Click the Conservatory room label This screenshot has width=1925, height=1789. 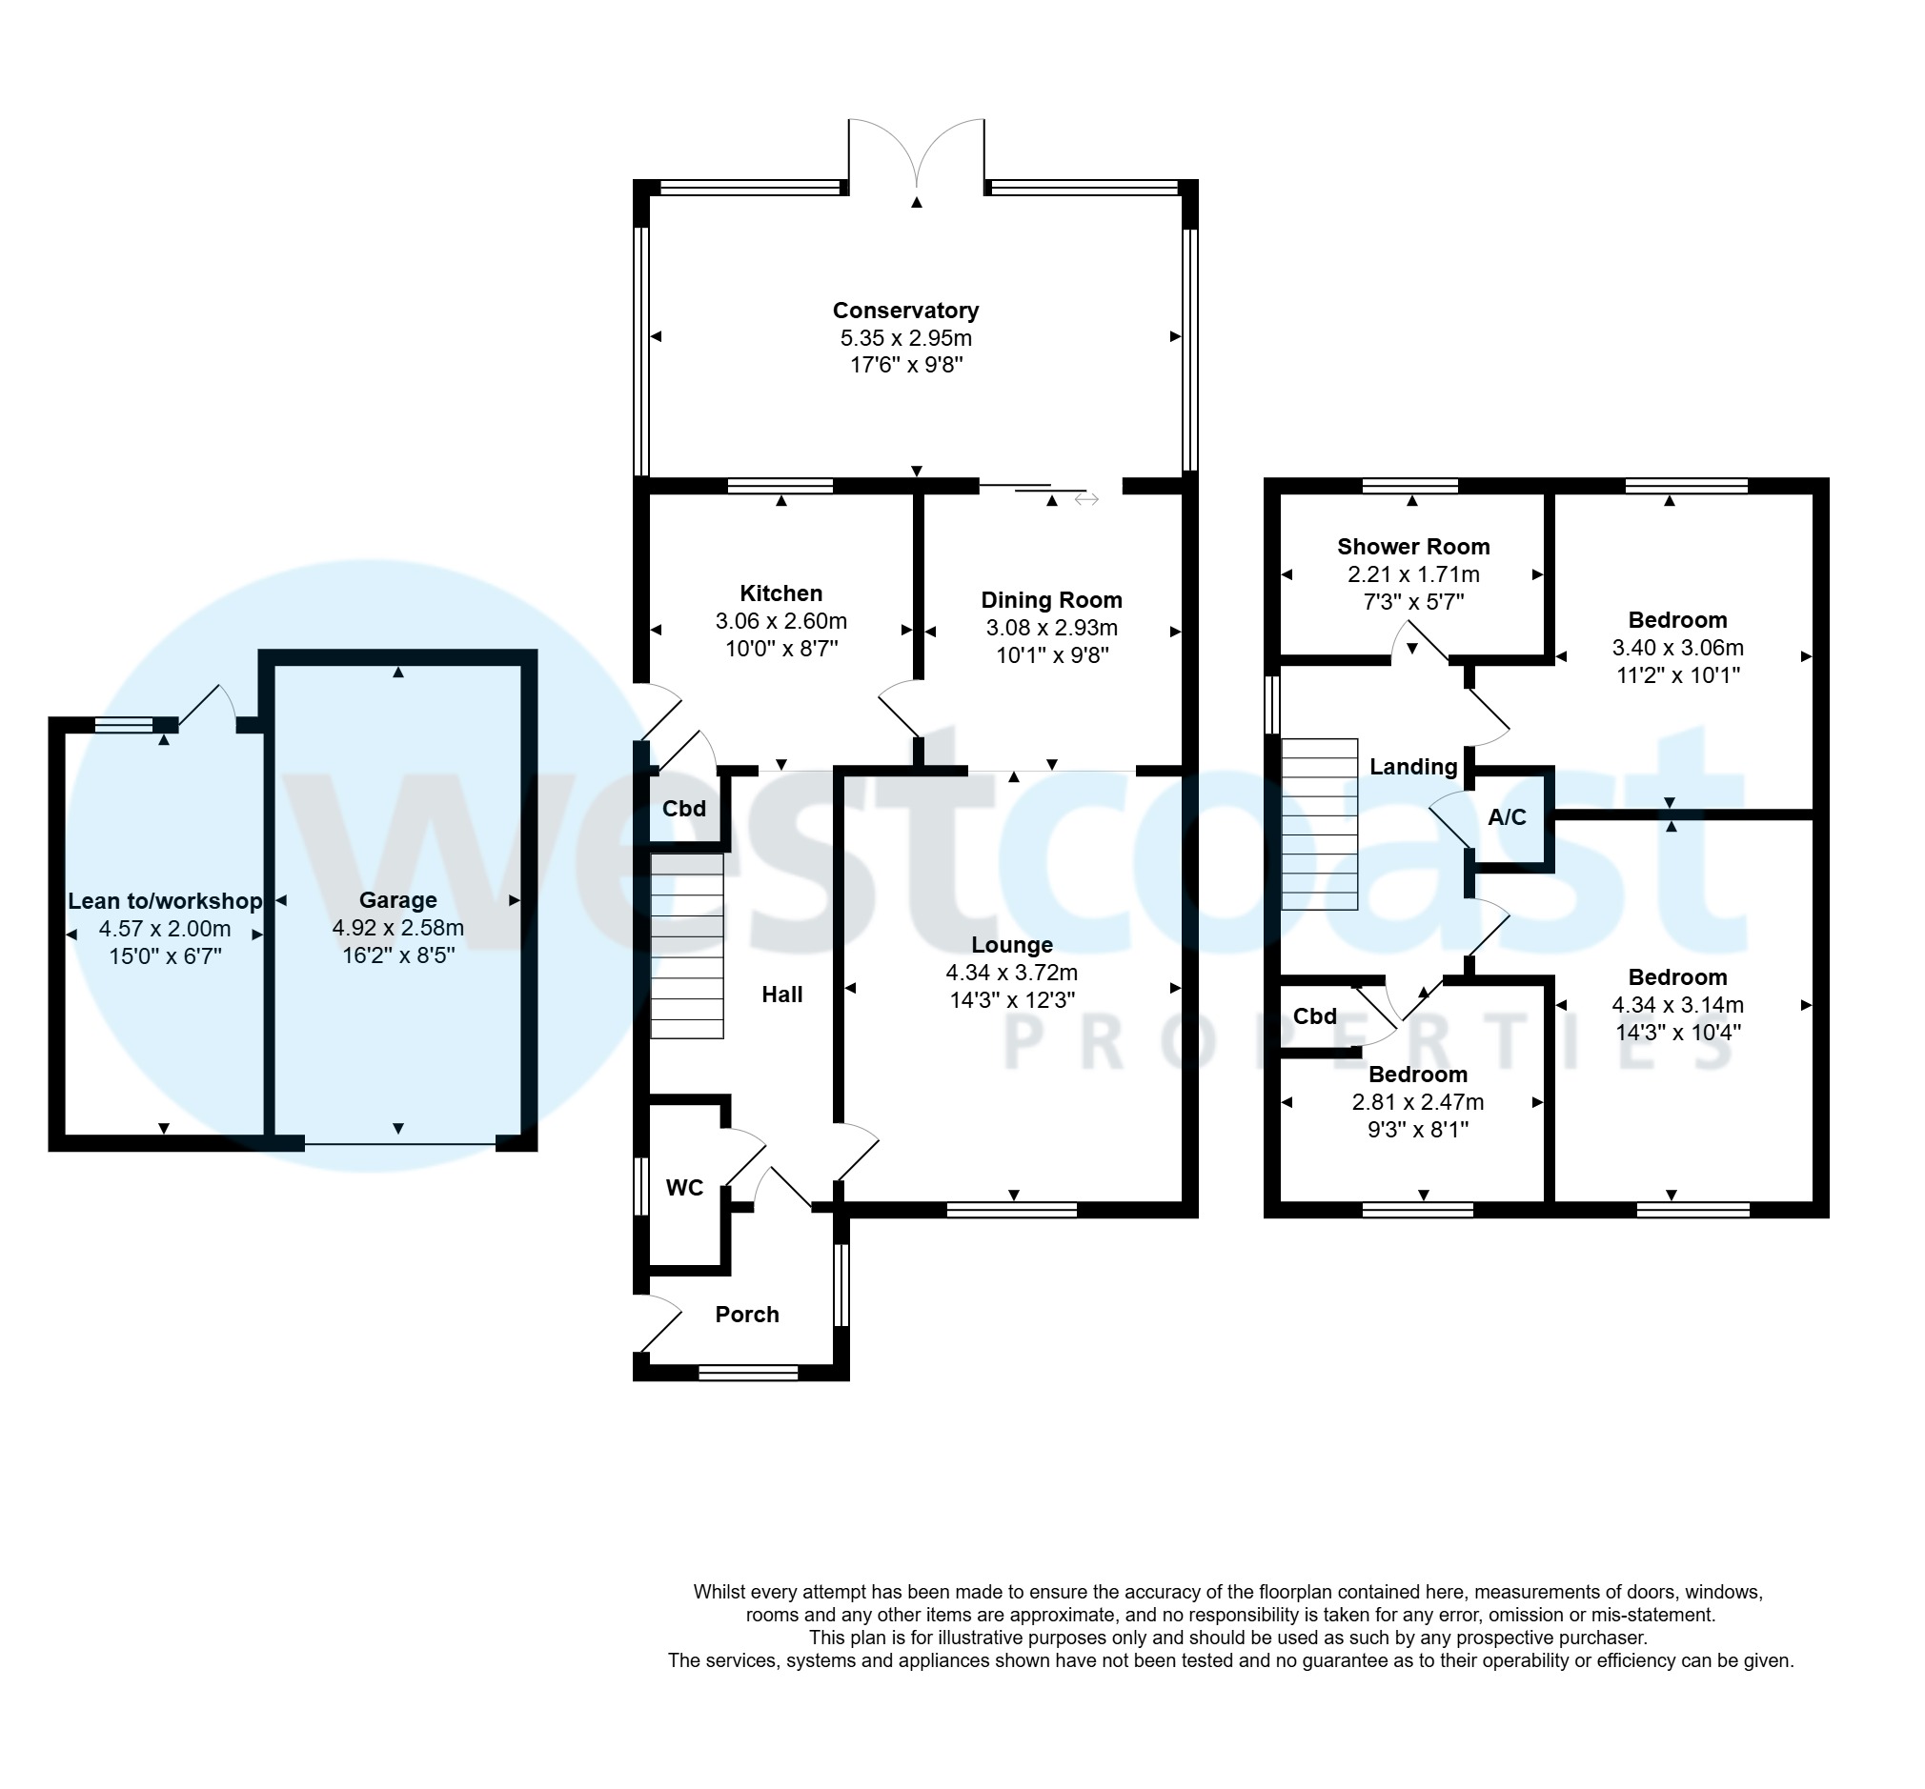click(905, 311)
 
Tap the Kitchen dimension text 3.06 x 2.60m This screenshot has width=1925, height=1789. click(780, 621)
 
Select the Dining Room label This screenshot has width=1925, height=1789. click(1051, 600)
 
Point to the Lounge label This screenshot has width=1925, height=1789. click(1012, 945)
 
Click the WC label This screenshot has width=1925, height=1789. click(684, 1188)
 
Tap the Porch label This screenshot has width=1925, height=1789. click(746, 1315)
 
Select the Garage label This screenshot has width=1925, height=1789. click(398, 900)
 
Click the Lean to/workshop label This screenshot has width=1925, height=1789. click(165, 901)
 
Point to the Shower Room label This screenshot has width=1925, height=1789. click(1412, 547)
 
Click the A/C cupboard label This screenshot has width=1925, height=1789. click(1507, 817)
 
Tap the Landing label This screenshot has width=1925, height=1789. click(1412, 767)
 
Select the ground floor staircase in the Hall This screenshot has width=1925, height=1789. click(686, 946)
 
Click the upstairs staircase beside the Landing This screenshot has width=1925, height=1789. click(1319, 825)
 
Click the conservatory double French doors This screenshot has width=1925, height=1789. click(916, 155)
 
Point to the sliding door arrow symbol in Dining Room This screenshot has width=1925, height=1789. click(1086, 499)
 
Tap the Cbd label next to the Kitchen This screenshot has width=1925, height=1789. click(683, 809)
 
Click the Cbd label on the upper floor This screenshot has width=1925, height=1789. click(1314, 1016)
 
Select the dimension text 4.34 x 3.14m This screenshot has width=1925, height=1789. click(1677, 1005)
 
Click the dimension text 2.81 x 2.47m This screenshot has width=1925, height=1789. click(1418, 1101)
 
